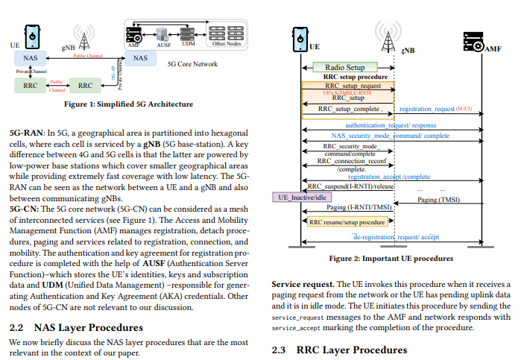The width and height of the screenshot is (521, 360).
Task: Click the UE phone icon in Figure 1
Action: pyautogui.click(x=32, y=34)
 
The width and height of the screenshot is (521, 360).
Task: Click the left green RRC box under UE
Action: pyautogui.click(x=30, y=85)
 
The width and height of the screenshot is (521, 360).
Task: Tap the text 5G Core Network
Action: pyautogui.click(x=192, y=64)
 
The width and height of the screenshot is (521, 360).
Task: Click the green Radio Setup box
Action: pyautogui.click(x=345, y=67)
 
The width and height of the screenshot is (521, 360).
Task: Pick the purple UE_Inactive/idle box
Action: pyautogui.click(x=299, y=198)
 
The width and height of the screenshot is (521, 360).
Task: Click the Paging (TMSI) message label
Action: pyautogui.click(x=438, y=200)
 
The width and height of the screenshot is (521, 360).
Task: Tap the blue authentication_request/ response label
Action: pyautogui.click(x=391, y=126)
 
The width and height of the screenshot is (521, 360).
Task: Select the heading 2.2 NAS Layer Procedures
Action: pyautogui.click(x=76, y=327)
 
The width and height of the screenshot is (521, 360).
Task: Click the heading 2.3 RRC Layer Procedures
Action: pyautogui.click(x=339, y=350)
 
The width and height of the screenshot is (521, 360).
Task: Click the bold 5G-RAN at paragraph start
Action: pyautogui.click(x=27, y=130)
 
